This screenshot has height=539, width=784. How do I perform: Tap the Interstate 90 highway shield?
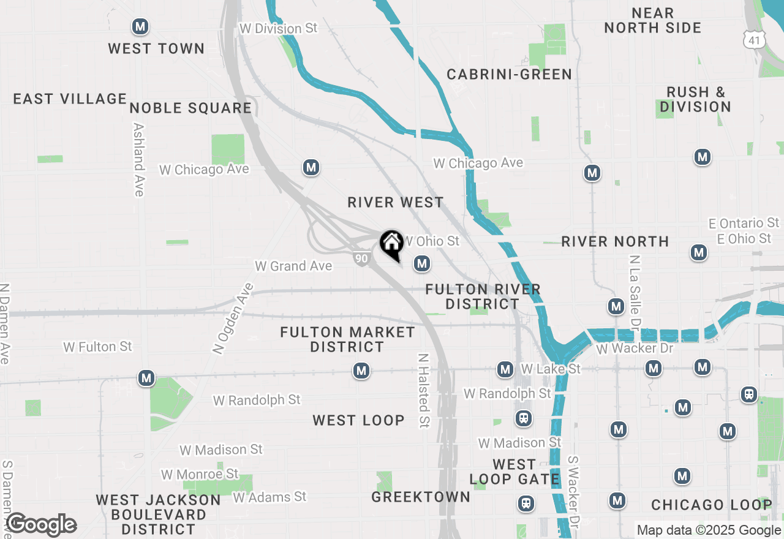click(361, 258)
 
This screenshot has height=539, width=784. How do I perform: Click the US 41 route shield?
click(753, 40)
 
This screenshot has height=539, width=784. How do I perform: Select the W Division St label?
click(279, 29)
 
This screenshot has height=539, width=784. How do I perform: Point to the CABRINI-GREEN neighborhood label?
click(509, 75)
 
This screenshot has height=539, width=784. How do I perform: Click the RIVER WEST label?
click(395, 202)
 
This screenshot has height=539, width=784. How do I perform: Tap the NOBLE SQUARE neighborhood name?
click(190, 108)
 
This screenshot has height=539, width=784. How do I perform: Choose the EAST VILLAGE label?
click(70, 99)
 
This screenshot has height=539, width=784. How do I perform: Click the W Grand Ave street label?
click(293, 266)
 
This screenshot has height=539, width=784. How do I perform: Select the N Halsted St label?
click(423, 390)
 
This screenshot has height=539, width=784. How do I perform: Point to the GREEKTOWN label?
click(421, 497)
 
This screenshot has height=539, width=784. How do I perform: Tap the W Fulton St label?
click(97, 347)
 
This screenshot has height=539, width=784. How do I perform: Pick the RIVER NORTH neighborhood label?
click(615, 241)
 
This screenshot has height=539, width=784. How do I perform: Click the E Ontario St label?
click(744, 223)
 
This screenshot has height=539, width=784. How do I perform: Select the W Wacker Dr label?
click(635, 349)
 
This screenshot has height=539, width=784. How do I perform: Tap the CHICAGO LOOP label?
click(711, 505)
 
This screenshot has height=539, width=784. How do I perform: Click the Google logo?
click(41, 525)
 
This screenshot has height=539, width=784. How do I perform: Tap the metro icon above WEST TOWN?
click(140, 27)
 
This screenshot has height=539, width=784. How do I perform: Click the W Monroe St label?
click(200, 474)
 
